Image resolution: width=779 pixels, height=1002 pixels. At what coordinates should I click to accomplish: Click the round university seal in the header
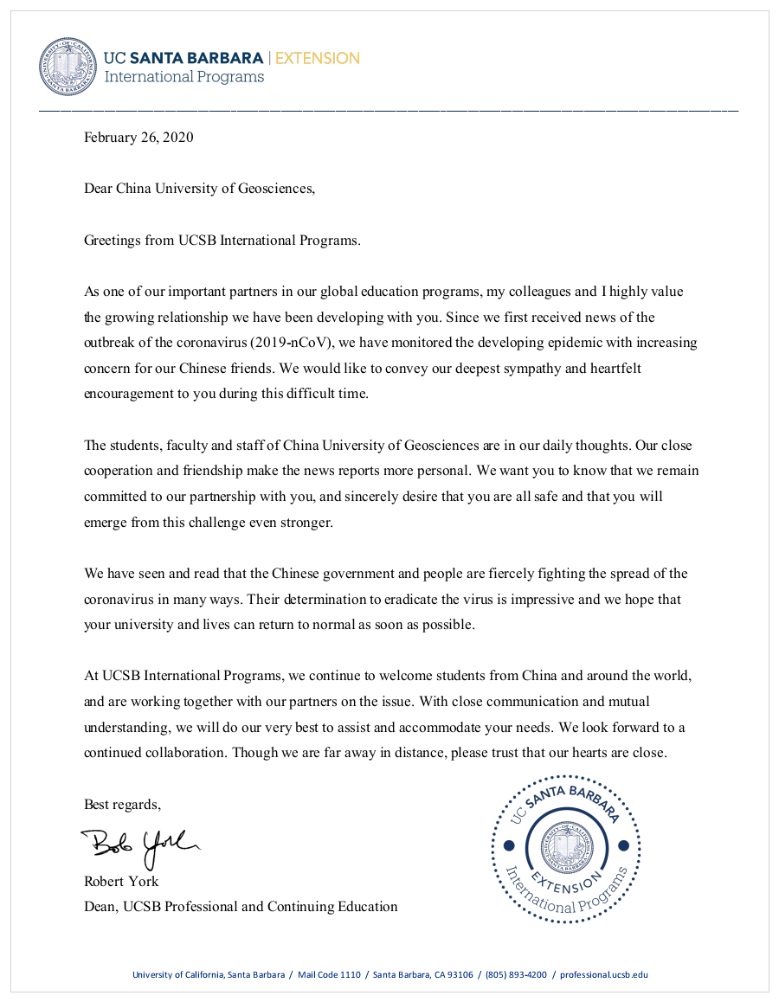(68, 67)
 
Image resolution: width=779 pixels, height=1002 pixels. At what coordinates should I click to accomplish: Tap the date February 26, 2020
(138, 137)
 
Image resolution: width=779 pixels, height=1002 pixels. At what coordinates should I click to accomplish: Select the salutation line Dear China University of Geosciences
(199, 188)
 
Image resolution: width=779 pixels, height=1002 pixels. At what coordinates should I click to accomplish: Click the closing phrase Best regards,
(122, 804)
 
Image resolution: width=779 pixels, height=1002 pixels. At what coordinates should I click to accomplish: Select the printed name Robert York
(121, 881)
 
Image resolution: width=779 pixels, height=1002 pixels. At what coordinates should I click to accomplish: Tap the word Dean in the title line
(100, 906)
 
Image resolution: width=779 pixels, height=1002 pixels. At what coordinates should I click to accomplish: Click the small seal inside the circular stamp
(566, 845)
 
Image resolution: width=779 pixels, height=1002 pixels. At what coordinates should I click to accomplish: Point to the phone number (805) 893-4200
(516, 974)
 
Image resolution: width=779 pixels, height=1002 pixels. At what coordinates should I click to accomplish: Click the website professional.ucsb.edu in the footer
(603, 974)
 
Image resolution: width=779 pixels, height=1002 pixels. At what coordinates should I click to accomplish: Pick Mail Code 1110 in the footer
(329, 974)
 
